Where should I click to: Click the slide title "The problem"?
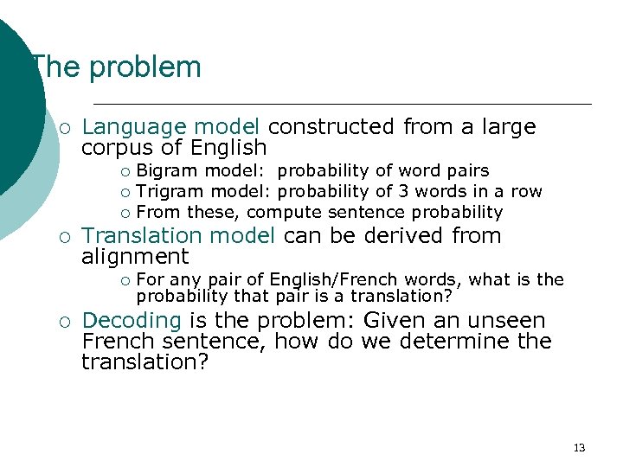115,67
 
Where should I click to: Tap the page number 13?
579,447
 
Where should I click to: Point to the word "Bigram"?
168,171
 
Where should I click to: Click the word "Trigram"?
170,191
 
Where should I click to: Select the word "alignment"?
134,256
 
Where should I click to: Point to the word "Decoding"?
132,321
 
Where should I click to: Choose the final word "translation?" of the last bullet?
145,361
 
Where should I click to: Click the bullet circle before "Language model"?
65,128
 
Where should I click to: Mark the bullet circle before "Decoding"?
65,322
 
